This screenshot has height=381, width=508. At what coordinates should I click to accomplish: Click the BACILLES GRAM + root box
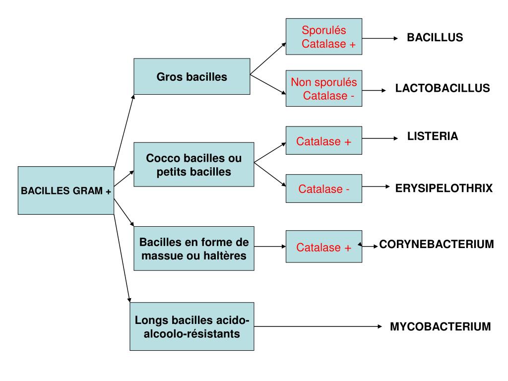(66, 190)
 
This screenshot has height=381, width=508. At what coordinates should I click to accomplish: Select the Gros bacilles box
(192, 76)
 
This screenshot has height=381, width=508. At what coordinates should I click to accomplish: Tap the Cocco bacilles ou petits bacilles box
(194, 165)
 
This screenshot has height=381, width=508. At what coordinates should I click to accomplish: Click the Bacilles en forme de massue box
(194, 249)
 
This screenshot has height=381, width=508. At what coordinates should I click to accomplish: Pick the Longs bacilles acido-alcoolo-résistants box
(192, 326)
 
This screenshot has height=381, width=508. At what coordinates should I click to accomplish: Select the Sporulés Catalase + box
(324, 37)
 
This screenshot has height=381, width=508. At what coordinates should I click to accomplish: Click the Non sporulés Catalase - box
(324, 88)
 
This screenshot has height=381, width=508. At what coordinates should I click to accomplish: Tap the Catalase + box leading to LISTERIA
(324, 141)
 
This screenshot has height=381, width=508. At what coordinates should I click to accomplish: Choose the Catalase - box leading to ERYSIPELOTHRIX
(324, 189)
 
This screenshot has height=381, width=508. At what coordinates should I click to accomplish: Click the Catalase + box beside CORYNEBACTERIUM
(324, 247)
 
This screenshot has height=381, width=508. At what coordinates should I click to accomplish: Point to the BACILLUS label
(435, 38)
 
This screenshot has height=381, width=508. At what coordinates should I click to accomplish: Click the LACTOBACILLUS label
(443, 88)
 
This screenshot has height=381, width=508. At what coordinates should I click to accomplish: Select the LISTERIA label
(433, 136)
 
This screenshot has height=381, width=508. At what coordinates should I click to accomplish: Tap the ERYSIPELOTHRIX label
(444, 188)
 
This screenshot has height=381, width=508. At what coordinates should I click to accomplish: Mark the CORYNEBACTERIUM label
(437, 245)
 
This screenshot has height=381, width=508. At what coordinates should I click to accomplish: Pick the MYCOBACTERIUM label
(440, 326)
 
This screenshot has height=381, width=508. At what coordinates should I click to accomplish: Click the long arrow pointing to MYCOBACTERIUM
(317, 326)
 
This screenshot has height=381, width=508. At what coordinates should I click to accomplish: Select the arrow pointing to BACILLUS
(380, 38)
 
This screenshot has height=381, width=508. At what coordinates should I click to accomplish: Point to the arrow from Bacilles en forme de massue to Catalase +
(270, 246)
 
